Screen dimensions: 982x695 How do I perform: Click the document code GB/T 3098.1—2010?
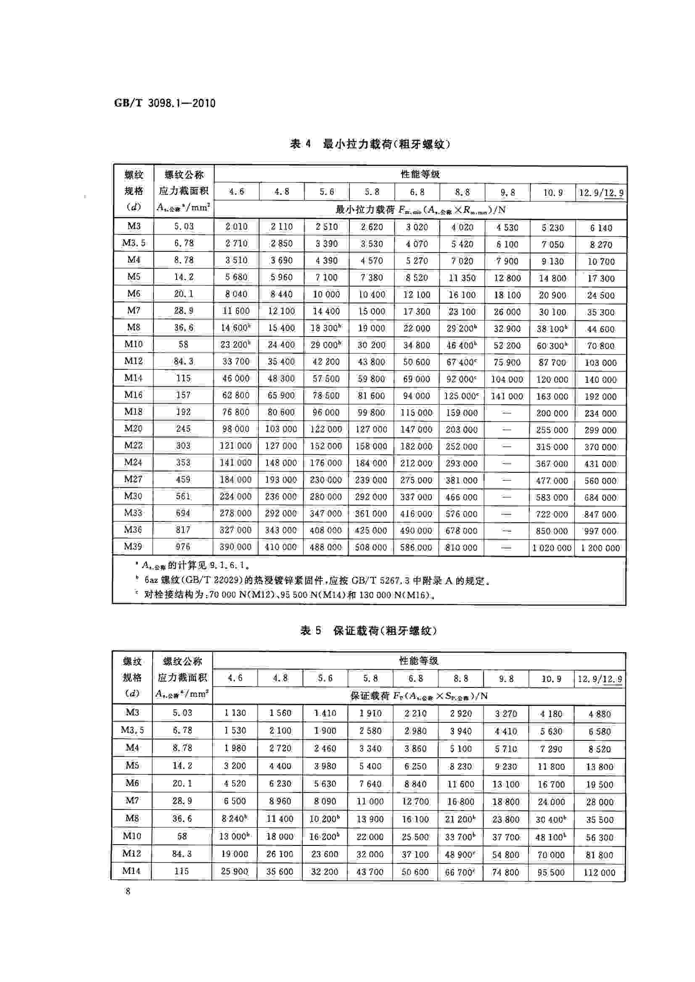pos(165,103)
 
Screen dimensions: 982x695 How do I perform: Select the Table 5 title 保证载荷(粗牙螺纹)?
pos(368,631)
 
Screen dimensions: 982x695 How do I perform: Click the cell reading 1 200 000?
pos(600,548)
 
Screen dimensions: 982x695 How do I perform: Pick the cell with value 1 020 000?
pos(552,548)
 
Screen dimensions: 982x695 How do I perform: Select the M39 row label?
pos(133,547)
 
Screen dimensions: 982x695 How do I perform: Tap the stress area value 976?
pos(183,547)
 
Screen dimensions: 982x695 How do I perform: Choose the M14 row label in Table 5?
pos(131,871)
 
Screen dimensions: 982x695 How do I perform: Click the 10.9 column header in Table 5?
pos(551,679)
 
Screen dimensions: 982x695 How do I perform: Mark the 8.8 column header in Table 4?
pos(462,192)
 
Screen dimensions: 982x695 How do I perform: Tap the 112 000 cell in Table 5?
pos(599,872)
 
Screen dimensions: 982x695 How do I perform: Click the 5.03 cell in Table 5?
pos(182,713)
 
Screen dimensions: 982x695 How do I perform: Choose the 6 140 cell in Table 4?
pos(601,228)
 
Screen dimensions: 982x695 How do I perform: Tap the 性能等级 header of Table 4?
pos(420,174)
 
